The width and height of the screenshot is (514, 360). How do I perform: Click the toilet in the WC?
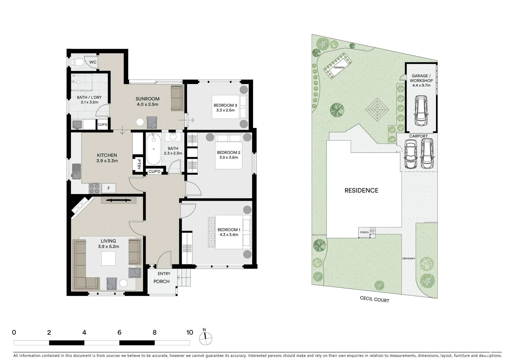(x=77, y=62)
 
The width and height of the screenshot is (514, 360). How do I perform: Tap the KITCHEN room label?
(x=107, y=155)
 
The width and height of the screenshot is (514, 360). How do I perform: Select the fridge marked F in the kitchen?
(x=109, y=188)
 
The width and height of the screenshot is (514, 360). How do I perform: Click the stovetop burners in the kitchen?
(x=94, y=188)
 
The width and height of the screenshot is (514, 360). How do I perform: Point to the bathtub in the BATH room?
(x=153, y=149)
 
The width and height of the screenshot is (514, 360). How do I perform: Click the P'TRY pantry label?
(x=139, y=164)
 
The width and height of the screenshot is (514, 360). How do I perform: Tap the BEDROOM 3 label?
(x=225, y=105)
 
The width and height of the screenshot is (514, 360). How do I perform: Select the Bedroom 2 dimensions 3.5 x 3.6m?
(x=229, y=158)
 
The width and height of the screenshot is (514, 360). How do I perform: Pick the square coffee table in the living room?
(x=109, y=258)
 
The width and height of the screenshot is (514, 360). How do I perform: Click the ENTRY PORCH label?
(x=162, y=278)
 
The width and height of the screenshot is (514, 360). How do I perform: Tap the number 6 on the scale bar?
(x=119, y=332)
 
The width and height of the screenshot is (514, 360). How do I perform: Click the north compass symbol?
(x=205, y=338)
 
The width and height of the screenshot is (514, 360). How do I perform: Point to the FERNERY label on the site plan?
(x=339, y=68)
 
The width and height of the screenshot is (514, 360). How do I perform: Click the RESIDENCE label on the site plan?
(x=361, y=190)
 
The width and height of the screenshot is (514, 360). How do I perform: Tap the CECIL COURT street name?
(x=374, y=299)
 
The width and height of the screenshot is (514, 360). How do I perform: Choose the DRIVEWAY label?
(x=409, y=258)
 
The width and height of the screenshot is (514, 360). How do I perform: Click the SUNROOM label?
(x=147, y=99)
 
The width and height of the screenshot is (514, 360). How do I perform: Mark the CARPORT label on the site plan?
(x=418, y=136)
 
